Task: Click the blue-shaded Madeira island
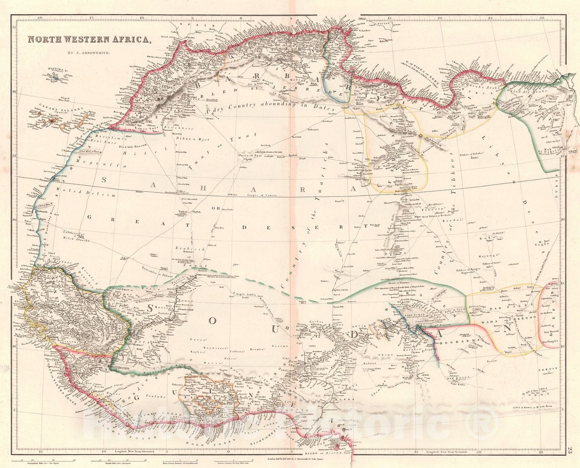[54, 78]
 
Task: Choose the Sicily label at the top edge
[384, 24]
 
